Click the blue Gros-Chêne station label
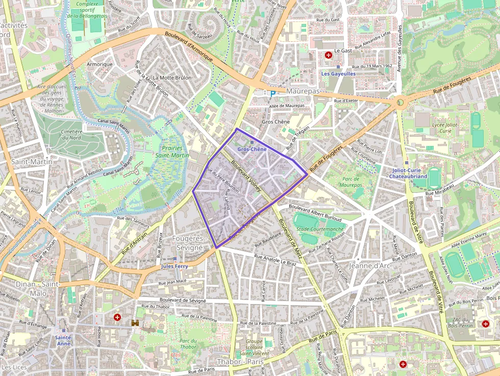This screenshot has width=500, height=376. tap(252, 148)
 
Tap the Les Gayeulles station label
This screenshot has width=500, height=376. tap(338, 73)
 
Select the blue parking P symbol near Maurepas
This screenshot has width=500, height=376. tap(272, 93)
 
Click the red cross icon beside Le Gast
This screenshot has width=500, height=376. tap(328, 54)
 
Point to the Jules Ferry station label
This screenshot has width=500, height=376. tap(174, 266)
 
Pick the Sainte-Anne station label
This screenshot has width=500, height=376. tap(64, 340)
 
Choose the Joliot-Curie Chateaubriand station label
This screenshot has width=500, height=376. tap(408, 173)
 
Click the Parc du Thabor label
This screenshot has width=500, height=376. tap(188, 344)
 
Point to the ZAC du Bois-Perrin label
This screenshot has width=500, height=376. tap(460, 323)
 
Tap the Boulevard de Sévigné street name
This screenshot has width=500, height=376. tap(182, 301)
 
